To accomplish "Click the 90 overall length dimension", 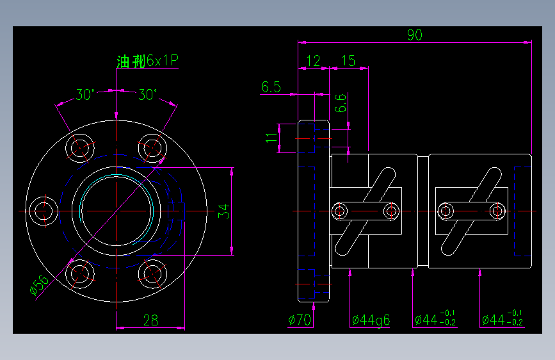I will pos(415,36).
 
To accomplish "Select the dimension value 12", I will pos(313,61).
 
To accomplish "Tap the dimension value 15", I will pos(348,61).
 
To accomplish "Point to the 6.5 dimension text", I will pos(271,87).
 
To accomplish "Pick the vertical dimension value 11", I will pos(272,137).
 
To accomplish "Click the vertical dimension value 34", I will pos(223,211).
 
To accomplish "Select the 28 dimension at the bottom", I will pos(150,320).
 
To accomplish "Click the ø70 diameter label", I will pos(300,320).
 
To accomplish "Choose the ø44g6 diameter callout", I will pos(371,320).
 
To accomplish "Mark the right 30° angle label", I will pos(147,95).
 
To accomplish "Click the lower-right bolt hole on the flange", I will pos(152,274).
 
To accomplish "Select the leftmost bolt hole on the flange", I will pos(44,210).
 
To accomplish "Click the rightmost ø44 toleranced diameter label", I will pos(503,318).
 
